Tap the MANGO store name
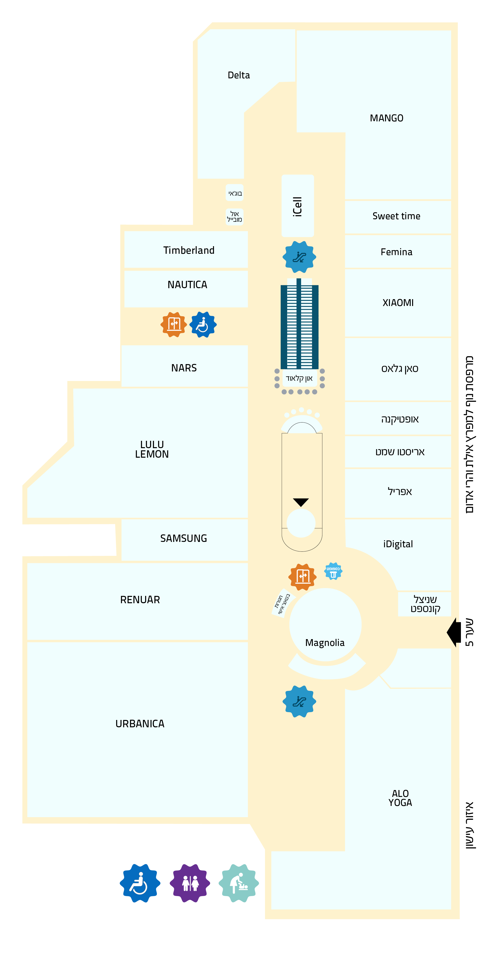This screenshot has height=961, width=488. point(386,118)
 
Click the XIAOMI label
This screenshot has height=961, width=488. point(398,303)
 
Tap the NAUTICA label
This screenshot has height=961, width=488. point(187,285)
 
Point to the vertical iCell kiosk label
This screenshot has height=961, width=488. point(297,207)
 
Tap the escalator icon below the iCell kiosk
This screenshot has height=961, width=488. point(299,257)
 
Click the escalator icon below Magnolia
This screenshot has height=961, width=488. point(299,702)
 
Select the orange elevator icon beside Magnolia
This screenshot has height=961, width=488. point(302,577)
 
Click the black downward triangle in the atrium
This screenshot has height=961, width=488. point(301,502)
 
